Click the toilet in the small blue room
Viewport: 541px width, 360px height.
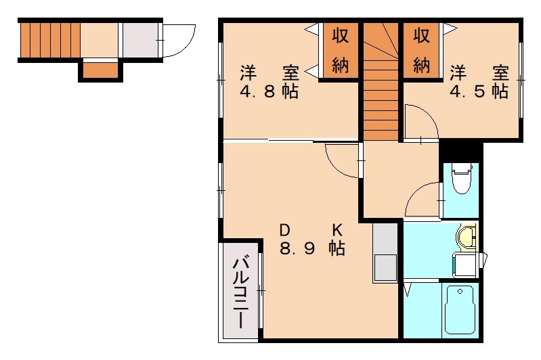461,180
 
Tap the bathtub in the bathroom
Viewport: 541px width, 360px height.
460,310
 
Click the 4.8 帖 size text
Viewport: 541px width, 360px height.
269,91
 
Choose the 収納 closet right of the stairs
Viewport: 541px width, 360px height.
421,51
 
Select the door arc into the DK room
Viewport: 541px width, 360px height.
342,161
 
